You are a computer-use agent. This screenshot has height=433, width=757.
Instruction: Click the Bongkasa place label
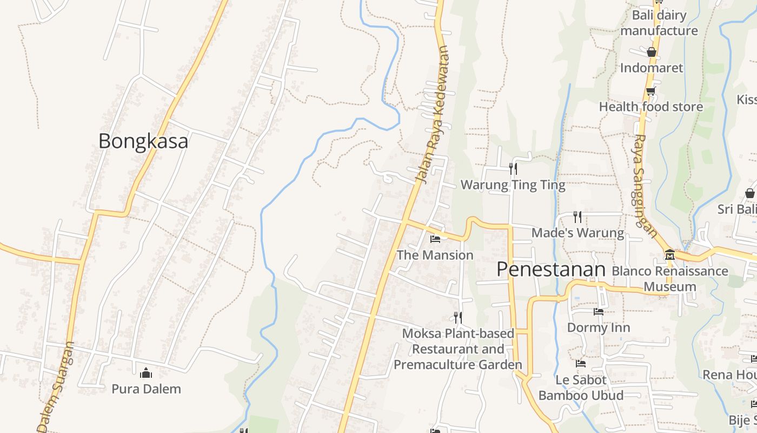point(143,141)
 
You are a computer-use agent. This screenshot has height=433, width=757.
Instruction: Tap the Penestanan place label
point(551,269)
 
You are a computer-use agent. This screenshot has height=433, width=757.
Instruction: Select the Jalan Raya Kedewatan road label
point(433,115)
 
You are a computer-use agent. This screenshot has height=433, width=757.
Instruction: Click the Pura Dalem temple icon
point(146,373)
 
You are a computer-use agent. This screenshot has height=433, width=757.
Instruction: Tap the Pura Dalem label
point(146,389)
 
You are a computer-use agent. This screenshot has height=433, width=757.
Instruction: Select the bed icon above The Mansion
point(435,239)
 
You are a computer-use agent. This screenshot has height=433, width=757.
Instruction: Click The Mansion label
point(435,255)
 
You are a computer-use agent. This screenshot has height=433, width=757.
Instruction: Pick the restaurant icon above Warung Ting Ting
point(513,169)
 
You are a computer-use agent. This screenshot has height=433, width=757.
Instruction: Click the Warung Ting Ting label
point(513,185)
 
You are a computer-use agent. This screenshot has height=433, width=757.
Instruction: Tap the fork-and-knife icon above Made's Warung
point(577,217)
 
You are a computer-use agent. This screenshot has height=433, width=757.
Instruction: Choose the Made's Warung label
point(577,233)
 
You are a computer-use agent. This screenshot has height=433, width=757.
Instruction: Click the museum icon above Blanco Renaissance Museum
point(669,254)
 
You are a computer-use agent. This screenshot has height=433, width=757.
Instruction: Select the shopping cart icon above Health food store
point(650,91)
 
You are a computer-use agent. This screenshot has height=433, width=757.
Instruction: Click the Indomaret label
point(652,68)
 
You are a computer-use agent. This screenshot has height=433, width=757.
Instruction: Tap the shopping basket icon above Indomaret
point(652,52)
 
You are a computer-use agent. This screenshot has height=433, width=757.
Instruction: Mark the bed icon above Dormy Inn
point(598,311)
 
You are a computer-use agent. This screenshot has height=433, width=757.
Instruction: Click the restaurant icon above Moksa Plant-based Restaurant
point(457,317)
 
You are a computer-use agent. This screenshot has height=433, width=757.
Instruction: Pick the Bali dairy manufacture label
point(659,23)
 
